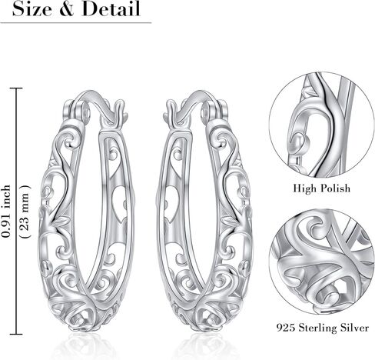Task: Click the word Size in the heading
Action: (32, 9)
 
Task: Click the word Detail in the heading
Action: (111, 9)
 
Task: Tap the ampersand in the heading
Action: (67, 9)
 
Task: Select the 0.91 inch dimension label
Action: (6, 211)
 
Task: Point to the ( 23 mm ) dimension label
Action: (25, 212)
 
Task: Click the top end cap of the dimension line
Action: (16, 88)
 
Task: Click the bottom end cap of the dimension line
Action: (16, 334)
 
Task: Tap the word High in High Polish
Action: (304, 188)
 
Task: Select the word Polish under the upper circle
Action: (335, 188)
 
